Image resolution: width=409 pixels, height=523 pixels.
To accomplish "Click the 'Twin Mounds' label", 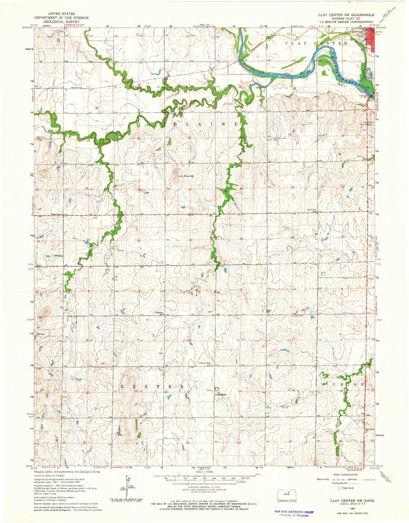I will (x=186, y=176).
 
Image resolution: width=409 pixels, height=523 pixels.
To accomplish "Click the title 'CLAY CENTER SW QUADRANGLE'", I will (x=346, y=15).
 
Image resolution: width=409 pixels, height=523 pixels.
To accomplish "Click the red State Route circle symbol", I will (x=340, y=488).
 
